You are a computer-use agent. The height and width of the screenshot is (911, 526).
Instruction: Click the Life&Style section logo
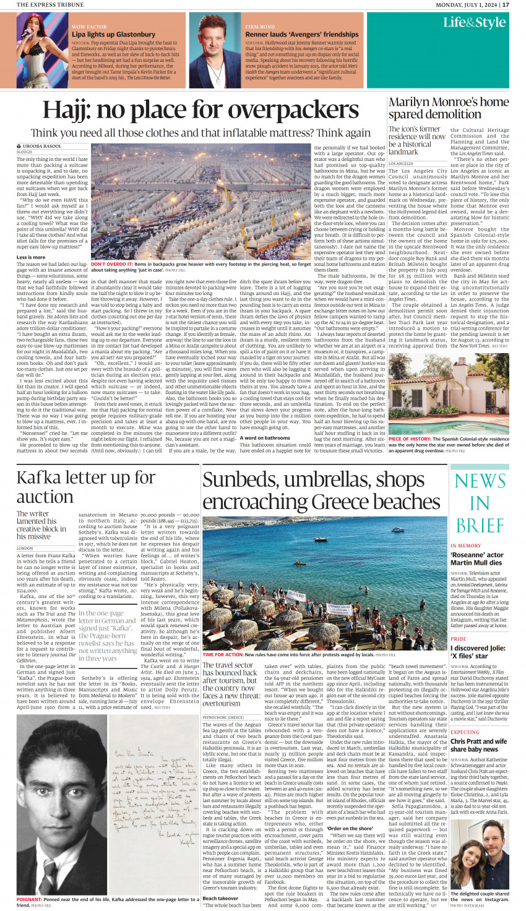click(474, 23)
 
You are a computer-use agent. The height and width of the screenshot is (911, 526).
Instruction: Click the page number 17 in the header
click(506, 5)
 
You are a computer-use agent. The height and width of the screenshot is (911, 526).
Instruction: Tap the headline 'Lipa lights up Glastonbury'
click(113, 35)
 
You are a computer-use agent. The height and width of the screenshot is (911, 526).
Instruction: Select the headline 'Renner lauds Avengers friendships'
click(301, 35)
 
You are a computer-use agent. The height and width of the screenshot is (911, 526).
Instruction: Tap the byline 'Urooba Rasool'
click(42, 146)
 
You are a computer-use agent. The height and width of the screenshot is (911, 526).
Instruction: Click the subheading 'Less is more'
click(30, 257)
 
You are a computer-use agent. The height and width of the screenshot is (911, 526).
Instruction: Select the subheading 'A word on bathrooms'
click(264, 438)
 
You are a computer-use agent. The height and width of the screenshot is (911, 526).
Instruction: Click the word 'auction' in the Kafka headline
click(45, 497)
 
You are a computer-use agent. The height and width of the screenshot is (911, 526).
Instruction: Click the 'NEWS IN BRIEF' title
click(480, 503)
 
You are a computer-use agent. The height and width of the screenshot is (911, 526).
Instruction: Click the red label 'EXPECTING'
click(465, 732)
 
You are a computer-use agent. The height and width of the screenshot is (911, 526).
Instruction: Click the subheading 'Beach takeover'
click(220, 898)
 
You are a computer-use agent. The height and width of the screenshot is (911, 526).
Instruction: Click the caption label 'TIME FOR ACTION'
click(222, 654)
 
